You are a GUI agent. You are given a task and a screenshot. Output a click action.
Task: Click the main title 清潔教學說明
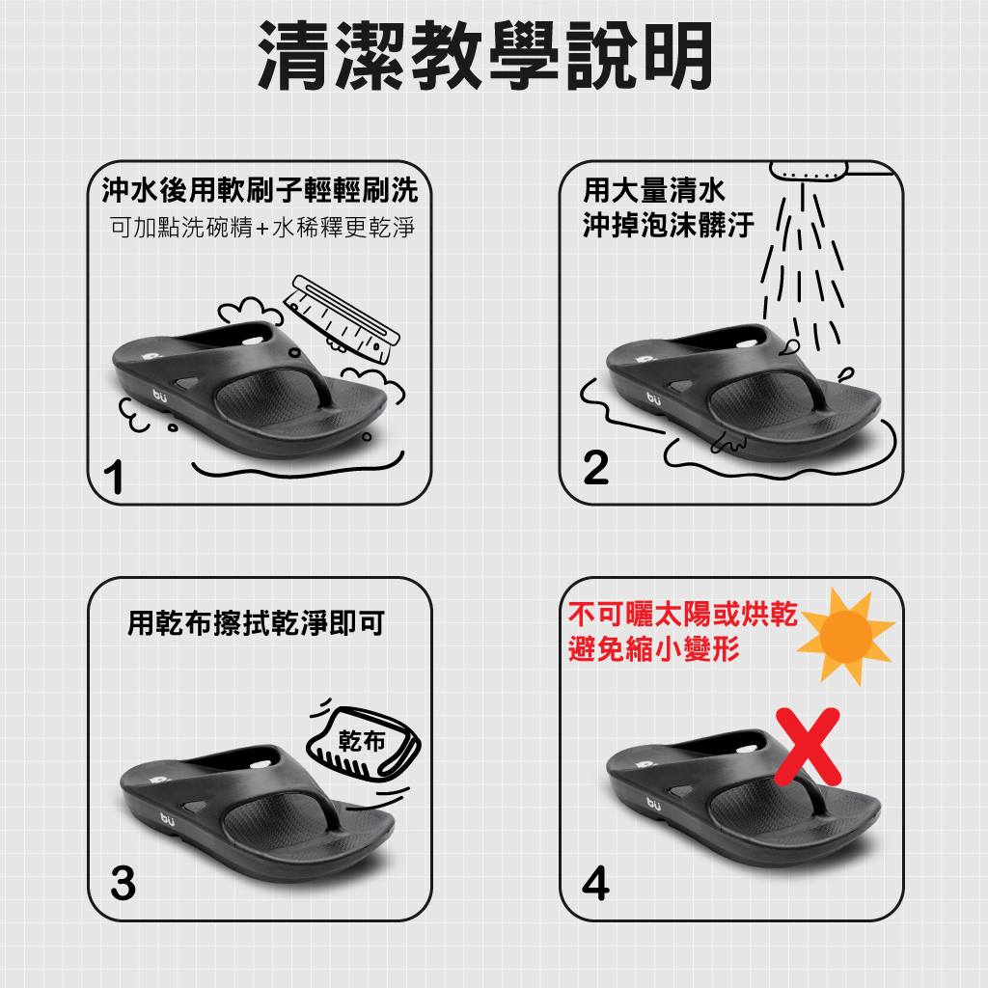coord(486,55)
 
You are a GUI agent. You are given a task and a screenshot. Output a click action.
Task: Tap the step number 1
coord(114,477)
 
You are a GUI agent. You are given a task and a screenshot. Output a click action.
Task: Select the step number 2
coord(596,467)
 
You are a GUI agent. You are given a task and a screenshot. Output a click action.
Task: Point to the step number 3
coord(123,882)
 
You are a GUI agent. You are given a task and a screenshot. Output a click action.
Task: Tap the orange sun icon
coord(845,636)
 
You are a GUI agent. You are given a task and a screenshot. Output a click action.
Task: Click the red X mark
coord(808,747)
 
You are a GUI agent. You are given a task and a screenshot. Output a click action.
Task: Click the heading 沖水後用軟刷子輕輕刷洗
coord(260,190)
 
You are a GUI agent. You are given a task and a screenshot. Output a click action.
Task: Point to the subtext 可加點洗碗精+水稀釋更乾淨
coord(262,228)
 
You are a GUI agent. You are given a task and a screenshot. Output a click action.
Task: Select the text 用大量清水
coord(654,190)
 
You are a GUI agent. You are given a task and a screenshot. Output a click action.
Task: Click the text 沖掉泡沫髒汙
coord(669,225)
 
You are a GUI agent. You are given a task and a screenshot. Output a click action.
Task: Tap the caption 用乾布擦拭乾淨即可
coord(256,623)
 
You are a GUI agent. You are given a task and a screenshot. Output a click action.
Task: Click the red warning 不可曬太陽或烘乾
coord(683,614)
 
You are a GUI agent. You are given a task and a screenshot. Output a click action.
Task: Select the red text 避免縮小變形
coord(654,648)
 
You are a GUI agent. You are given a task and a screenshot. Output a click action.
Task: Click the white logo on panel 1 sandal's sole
coord(159,396)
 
